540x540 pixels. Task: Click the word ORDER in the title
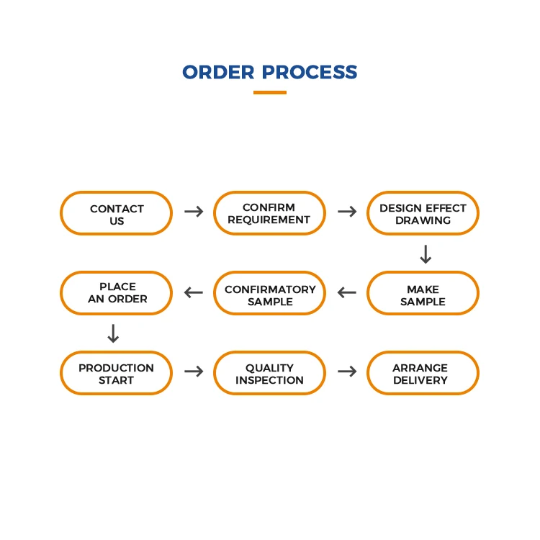(x=218, y=73)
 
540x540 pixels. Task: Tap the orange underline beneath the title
(x=270, y=92)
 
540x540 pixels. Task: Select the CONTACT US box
(x=116, y=214)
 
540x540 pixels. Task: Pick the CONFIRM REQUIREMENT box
(x=269, y=214)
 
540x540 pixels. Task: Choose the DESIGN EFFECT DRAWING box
(x=423, y=214)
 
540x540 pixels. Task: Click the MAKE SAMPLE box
(x=423, y=294)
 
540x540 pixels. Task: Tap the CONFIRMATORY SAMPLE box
(x=269, y=294)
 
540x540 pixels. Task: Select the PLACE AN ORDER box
(x=116, y=293)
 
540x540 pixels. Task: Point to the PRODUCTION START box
(x=116, y=373)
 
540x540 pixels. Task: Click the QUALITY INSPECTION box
(x=269, y=373)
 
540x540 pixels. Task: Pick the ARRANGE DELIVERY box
(x=423, y=373)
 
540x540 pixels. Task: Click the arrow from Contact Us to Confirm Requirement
(x=193, y=212)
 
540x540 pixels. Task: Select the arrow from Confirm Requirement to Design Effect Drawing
(x=347, y=212)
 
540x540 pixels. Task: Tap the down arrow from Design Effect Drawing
(x=426, y=254)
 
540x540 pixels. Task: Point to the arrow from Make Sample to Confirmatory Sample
(x=347, y=292)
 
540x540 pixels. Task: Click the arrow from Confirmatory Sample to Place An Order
(x=193, y=292)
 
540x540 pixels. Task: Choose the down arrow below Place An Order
(x=113, y=333)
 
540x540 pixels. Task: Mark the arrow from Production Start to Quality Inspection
(x=193, y=372)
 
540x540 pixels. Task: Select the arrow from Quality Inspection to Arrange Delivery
(x=347, y=372)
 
